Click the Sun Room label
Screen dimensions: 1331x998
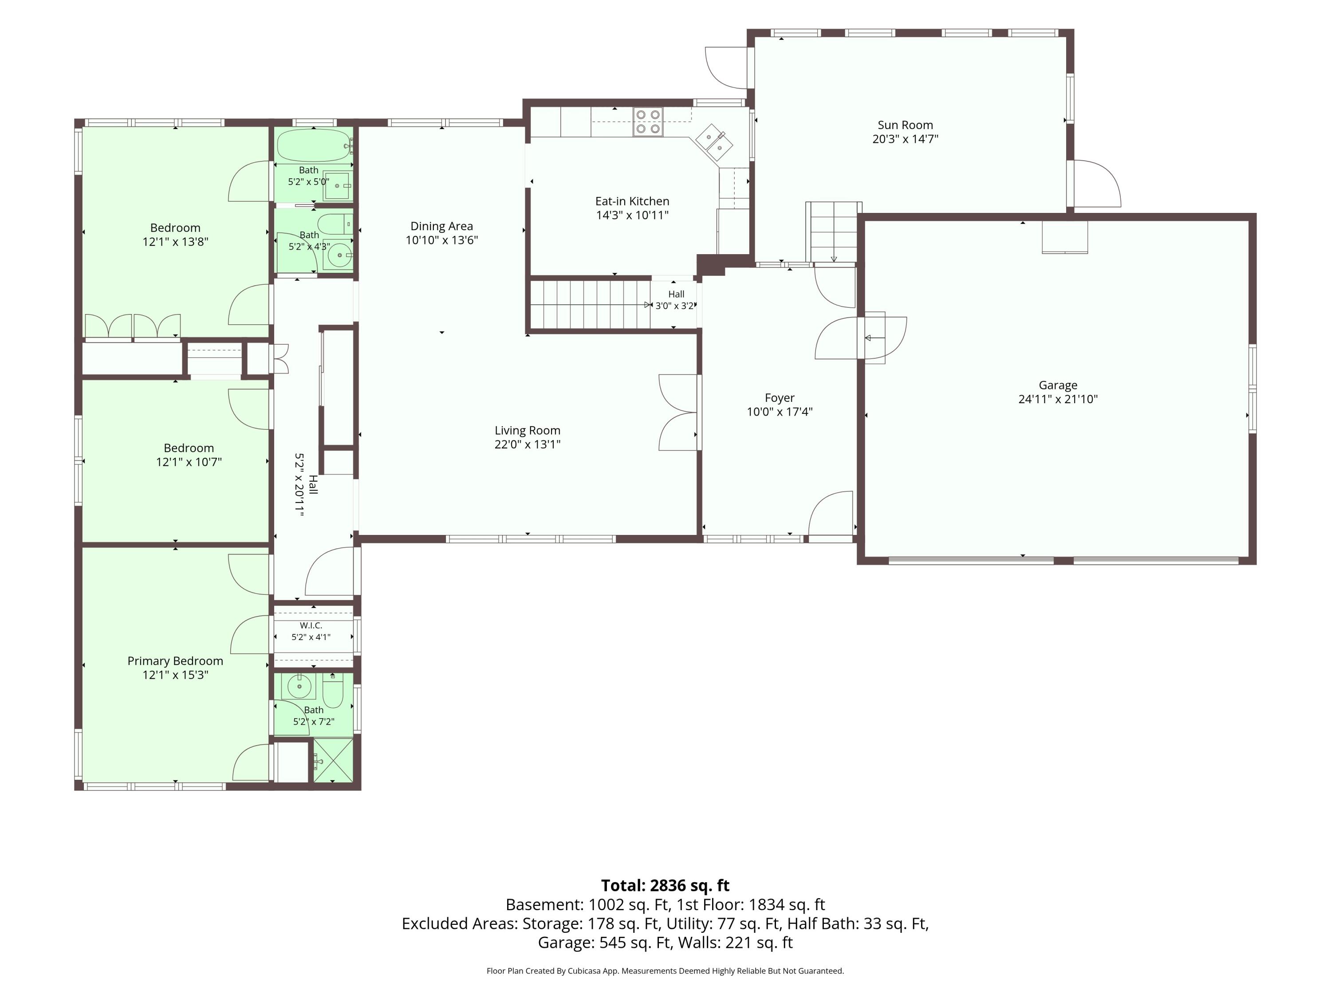pyautogui.click(x=905, y=125)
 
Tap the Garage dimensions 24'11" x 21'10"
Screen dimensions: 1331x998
pyautogui.click(x=1058, y=399)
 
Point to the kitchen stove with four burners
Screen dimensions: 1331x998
pyautogui.click(x=647, y=122)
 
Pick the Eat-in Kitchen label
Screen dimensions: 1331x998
pyautogui.click(x=632, y=201)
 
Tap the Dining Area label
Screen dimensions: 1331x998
pyautogui.click(x=441, y=226)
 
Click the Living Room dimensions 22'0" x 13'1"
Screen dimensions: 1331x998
pyautogui.click(x=528, y=444)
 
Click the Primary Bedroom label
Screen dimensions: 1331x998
pyautogui.click(x=175, y=660)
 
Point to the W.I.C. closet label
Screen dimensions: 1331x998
pyautogui.click(x=311, y=625)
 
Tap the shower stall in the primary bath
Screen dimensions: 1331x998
pyautogui.click(x=333, y=761)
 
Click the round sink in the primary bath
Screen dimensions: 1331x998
pyautogui.click(x=299, y=686)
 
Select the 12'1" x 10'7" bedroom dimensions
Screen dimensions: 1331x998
pyautogui.click(x=189, y=462)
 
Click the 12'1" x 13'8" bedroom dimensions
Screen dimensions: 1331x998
pyautogui.click(x=175, y=242)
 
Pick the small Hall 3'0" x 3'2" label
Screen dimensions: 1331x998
pyautogui.click(x=676, y=299)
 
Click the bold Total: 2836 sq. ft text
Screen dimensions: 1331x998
pyautogui.click(x=665, y=885)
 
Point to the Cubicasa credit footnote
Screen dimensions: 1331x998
pyautogui.click(x=665, y=970)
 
